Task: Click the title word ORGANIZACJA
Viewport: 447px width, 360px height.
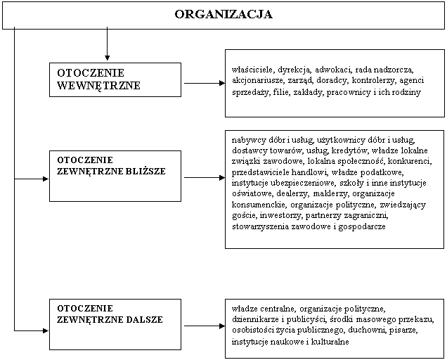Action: click(223, 14)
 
